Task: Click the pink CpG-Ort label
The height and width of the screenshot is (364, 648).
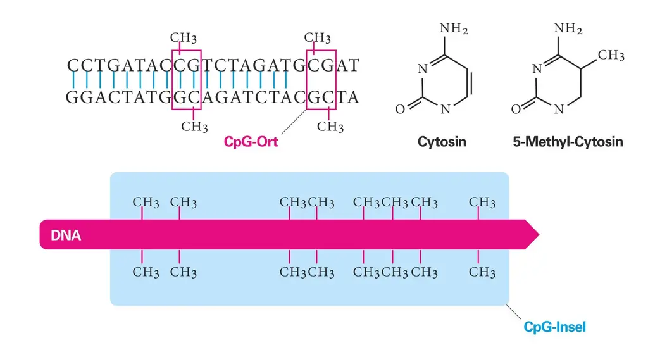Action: [x=251, y=142]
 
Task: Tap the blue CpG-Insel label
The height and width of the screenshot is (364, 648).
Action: [x=554, y=327]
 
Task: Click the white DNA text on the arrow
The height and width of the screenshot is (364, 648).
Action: [x=66, y=235]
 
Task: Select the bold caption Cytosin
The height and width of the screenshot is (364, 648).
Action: [x=442, y=142]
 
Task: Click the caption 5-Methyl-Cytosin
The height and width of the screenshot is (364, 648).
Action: [x=568, y=142]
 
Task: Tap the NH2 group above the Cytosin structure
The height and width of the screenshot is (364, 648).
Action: [x=454, y=28]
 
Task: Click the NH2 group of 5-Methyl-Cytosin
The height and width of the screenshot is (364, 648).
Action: [x=568, y=28]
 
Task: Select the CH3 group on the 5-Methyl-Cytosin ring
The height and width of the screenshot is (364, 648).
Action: [x=611, y=56]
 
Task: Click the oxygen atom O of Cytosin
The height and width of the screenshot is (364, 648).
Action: [x=399, y=110]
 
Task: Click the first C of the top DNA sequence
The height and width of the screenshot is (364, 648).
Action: [x=72, y=65]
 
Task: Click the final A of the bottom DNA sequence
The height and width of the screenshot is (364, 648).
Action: [x=353, y=97]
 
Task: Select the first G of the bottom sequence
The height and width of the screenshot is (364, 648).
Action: [x=72, y=97]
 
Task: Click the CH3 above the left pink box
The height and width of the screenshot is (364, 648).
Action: [x=184, y=38]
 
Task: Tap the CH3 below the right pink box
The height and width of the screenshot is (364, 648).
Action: [x=330, y=127]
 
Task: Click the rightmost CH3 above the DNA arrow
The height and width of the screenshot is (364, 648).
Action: [x=482, y=203]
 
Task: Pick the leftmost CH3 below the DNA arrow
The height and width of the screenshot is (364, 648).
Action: [x=146, y=273]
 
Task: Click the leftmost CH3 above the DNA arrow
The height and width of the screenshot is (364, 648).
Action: [x=146, y=203]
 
